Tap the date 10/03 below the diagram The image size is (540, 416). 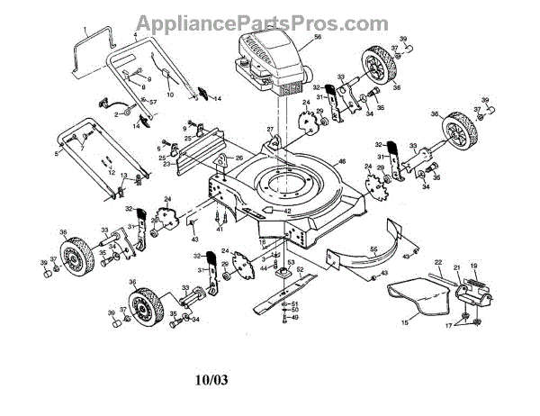(211, 380)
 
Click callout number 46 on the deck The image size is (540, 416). (341, 161)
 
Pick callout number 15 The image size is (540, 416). (405, 321)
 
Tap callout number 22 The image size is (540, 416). (438, 263)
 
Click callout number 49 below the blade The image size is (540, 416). (294, 317)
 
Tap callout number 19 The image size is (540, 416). (473, 267)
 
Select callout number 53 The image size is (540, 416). (290, 261)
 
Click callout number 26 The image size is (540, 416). (239, 158)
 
